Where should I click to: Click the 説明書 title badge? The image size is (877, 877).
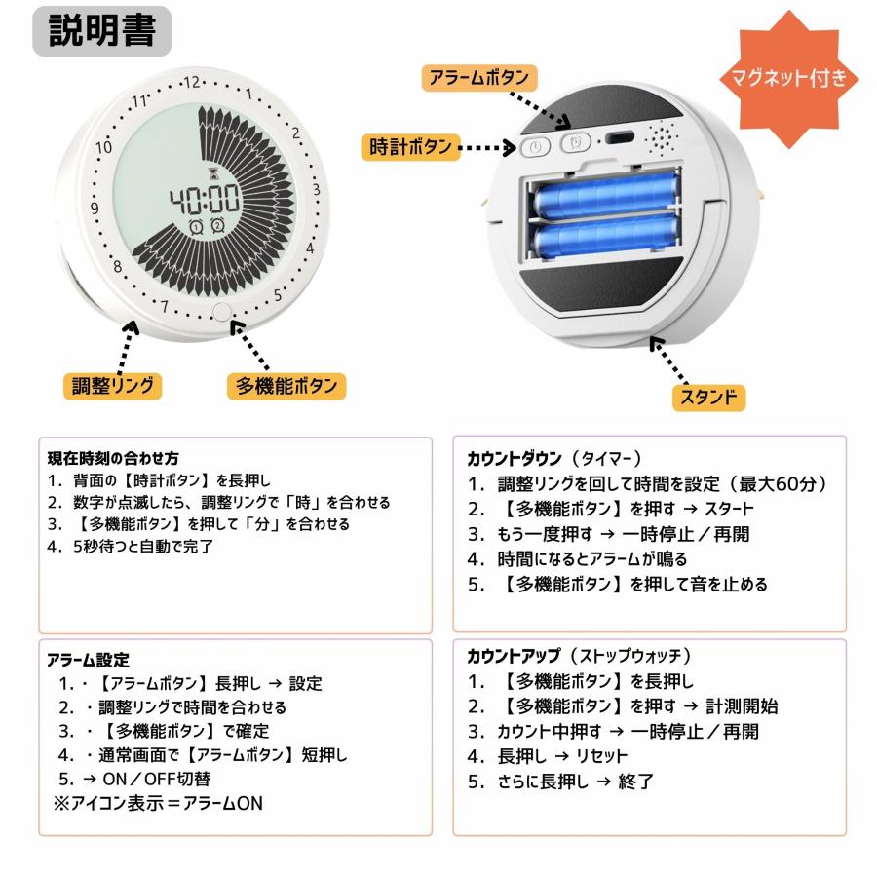click(109, 33)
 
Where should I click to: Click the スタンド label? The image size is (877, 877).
click(707, 397)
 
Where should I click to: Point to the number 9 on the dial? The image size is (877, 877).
click(95, 208)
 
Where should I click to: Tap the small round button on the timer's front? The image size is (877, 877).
click(222, 312)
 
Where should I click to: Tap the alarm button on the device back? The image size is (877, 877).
click(575, 143)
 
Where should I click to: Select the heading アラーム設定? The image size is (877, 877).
click(87, 660)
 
